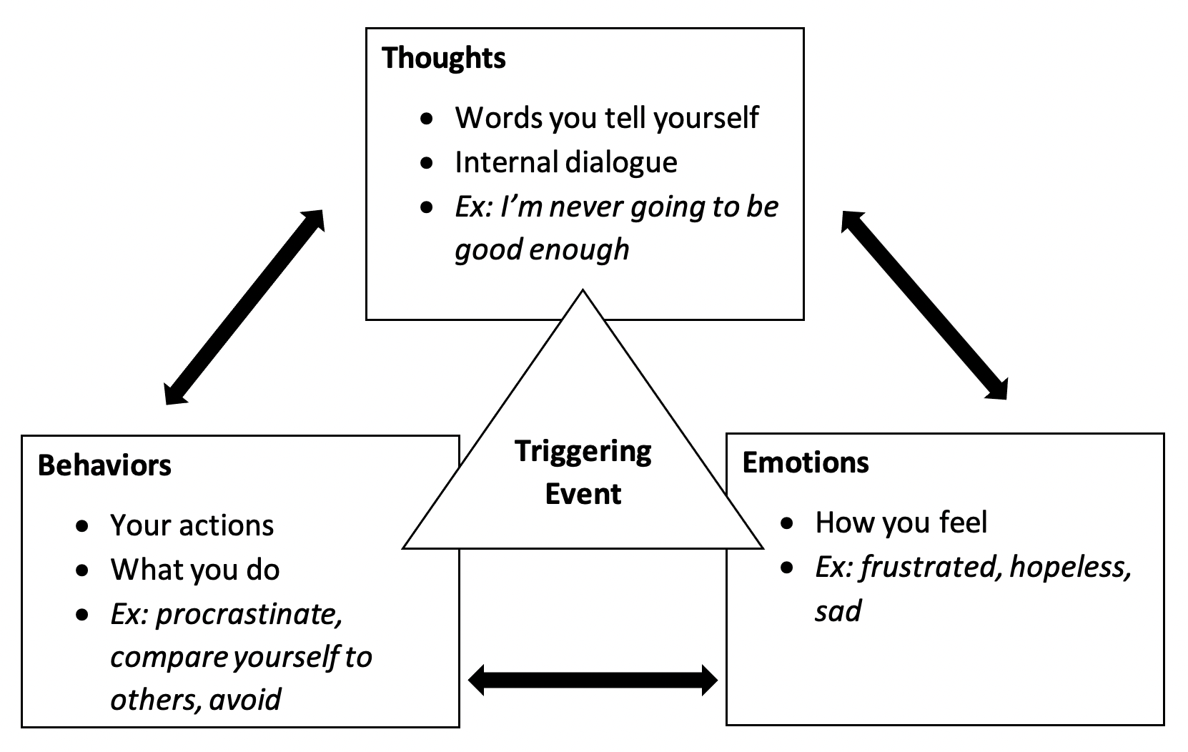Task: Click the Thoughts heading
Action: coord(443,58)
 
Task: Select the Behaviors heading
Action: coord(104,465)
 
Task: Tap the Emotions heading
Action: coord(805,462)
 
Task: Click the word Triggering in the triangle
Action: coord(583,452)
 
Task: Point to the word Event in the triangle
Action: coord(583,494)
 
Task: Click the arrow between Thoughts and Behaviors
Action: coord(244,307)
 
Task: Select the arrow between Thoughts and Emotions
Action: coord(924,305)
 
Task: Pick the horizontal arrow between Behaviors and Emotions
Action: coord(593,680)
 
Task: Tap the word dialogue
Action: coord(621,163)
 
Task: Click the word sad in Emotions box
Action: coord(838,611)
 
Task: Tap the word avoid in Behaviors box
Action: coord(245,700)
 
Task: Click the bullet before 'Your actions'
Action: coord(82,526)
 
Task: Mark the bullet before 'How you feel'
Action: coord(787,523)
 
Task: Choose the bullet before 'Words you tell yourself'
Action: coord(427,118)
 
